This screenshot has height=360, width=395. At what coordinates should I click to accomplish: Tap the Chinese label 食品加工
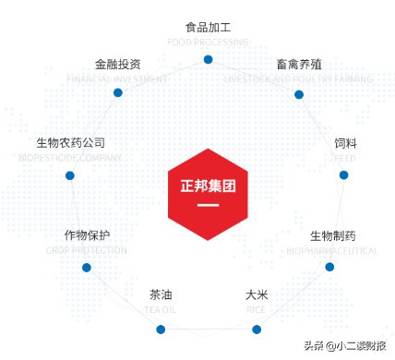coord(208,28)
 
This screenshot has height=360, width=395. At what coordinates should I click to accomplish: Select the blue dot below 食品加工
coord(208,59)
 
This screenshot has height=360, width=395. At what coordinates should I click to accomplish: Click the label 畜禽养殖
coord(299,65)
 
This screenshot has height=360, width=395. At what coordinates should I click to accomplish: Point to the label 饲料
coord(345,144)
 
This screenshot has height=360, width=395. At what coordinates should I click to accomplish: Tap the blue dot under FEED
coord(343,174)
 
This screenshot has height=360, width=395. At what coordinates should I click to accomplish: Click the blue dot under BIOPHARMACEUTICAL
coord(329,266)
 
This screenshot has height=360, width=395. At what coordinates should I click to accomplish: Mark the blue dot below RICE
coord(257,328)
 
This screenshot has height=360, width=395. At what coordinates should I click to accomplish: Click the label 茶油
coord(161,295)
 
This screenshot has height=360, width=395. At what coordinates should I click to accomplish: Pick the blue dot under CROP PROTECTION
coord(86,268)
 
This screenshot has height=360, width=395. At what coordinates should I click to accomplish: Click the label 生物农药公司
coord(71,143)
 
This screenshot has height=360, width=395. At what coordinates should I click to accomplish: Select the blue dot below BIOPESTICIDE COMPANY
coord(70,174)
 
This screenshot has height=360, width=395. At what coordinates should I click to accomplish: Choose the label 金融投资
coord(118,65)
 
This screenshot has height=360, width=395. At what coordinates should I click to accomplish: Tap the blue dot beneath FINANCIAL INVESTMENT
coord(118,92)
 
